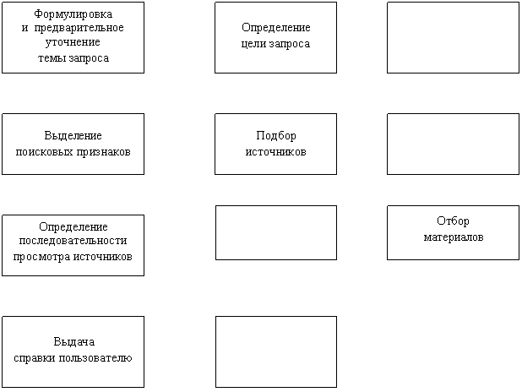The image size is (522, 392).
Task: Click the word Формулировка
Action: click(x=73, y=14)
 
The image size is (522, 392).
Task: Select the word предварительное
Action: click(x=79, y=28)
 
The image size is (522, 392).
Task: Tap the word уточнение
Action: click(x=73, y=42)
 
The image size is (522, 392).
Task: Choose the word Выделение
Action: click(x=73, y=135)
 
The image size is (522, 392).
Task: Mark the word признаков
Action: click(x=104, y=153)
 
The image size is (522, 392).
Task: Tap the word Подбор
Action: click(x=276, y=135)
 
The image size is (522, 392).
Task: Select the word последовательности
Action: click(x=73, y=241)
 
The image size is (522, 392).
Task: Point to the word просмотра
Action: click(x=41, y=257)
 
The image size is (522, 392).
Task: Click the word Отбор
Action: click(x=453, y=220)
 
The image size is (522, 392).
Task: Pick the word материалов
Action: click(x=454, y=237)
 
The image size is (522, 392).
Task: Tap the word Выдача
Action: click(x=73, y=341)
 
